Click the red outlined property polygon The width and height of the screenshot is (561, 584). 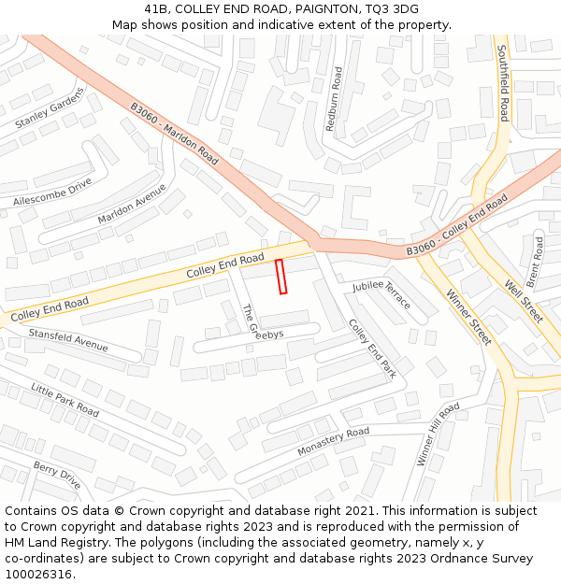[280, 277]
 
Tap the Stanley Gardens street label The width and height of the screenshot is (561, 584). [50, 108]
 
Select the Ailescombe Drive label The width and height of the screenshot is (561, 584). [53, 192]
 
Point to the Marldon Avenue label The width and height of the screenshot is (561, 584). [132, 204]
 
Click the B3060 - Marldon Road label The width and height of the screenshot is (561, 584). [174, 134]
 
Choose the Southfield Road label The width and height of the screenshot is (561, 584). [503, 83]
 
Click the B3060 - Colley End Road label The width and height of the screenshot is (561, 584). [456, 227]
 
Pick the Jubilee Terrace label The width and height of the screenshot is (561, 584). [381, 294]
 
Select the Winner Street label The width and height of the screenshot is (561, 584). [468, 317]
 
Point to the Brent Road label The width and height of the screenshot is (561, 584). [535, 261]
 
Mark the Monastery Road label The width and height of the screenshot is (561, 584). [333, 442]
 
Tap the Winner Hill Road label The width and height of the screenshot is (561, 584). [438, 434]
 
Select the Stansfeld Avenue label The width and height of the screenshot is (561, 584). [68, 340]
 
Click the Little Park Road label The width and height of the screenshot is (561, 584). [65, 399]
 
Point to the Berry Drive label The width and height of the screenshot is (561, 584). [57, 475]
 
